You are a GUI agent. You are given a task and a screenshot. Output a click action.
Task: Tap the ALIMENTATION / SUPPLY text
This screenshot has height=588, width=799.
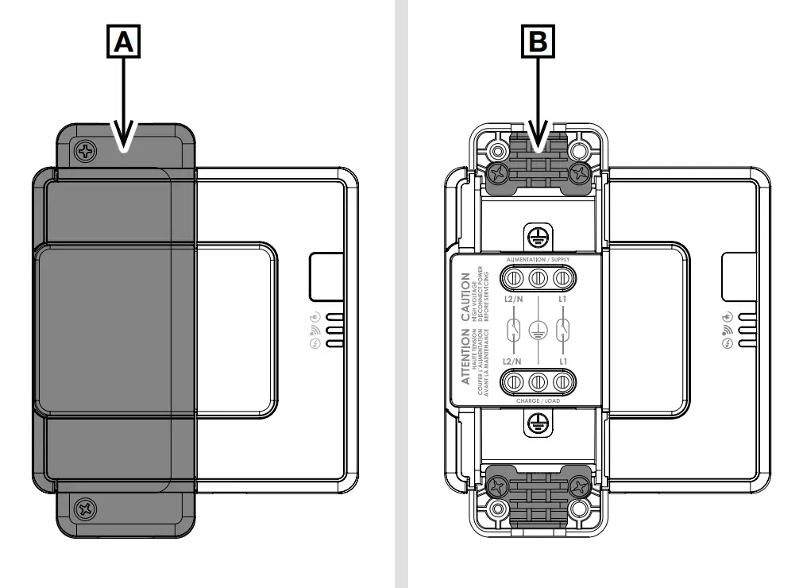(537, 259)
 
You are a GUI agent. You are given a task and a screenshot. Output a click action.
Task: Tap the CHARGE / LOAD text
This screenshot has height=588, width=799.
(537, 400)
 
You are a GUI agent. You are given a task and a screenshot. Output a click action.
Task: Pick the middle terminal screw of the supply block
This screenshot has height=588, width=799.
(537, 278)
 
